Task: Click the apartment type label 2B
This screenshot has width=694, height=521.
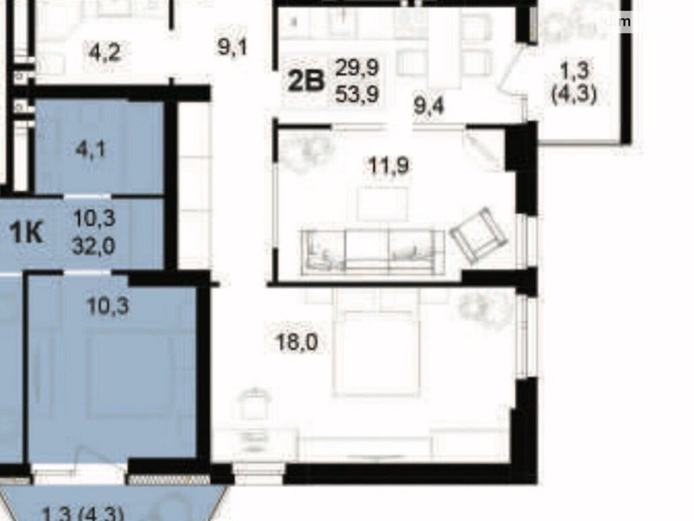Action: [x=306, y=81]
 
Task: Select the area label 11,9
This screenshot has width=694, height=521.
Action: [x=389, y=166]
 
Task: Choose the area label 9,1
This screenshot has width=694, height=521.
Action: [x=232, y=48]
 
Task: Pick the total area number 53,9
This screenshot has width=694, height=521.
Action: [x=357, y=94]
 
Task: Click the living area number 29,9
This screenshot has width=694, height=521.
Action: [x=357, y=68]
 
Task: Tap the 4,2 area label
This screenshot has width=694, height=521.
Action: [x=106, y=52]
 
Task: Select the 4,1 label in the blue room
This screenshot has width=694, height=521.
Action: [x=91, y=149]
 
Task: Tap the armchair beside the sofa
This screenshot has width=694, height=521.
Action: [x=478, y=235]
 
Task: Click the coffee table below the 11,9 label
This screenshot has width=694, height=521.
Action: [x=382, y=203]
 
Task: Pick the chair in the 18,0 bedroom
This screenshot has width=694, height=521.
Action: [x=255, y=405]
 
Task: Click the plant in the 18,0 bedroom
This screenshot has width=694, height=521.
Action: [x=477, y=306]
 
